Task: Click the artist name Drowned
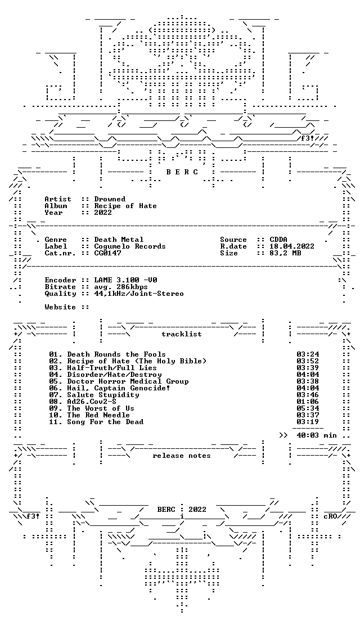pos(110,199)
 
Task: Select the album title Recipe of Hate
pos(125,206)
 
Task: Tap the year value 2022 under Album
pos(103,213)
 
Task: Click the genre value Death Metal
pos(119,240)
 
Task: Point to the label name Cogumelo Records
pos(130,246)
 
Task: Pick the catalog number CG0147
pos(108,253)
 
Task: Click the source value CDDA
pos(278,240)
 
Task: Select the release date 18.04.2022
pos(292,246)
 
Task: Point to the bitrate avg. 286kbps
pos(121,287)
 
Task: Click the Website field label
pos(60,307)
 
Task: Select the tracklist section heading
pos(181,334)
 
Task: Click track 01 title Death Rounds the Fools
pos(116,354)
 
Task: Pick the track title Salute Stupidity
pos(103,395)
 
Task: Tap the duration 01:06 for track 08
pos(308,402)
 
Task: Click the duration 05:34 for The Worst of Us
pos(308,408)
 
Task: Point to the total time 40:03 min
pos(317,435)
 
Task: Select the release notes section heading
pos(181,456)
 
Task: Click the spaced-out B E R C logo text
pos(181,172)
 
